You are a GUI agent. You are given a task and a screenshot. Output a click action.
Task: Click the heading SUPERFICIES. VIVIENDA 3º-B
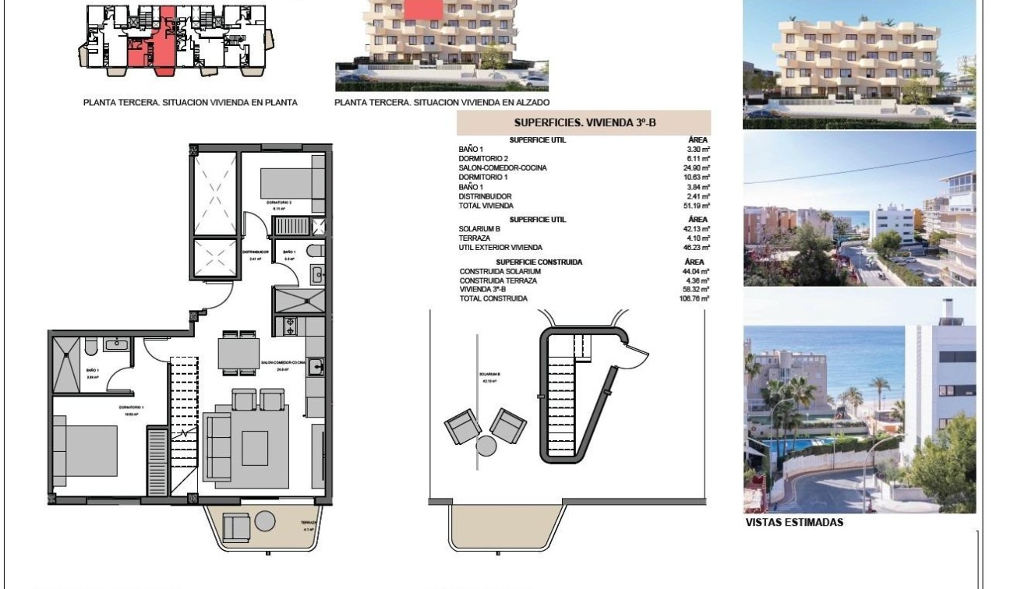(x=583, y=123)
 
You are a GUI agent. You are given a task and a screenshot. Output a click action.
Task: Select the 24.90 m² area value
(x=695, y=168)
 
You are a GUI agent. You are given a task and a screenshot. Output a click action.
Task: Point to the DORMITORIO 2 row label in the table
(x=484, y=158)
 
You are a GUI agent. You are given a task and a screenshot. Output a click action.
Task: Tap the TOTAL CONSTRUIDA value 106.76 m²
(x=693, y=298)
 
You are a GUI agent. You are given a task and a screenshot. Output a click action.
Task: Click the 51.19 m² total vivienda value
(x=695, y=206)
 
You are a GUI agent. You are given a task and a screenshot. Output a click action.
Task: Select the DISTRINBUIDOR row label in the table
(x=486, y=196)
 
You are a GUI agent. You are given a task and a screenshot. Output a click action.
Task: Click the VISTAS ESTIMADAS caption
(x=794, y=523)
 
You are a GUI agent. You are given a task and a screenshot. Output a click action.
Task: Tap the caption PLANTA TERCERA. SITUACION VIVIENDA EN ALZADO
(x=442, y=103)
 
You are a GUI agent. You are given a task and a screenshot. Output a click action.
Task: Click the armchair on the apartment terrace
(x=236, y=527)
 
